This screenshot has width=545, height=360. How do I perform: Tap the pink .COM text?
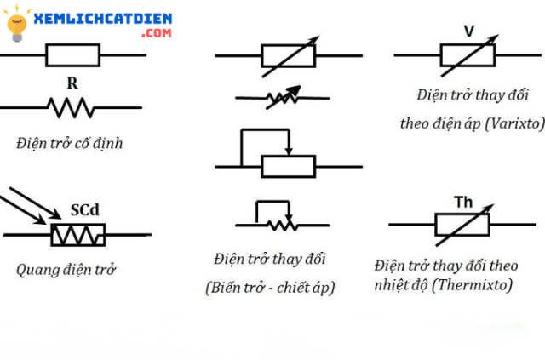pyautogui.click(x=158, y=32)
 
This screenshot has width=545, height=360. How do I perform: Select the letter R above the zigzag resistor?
pyautogui.click(x=72, y=84)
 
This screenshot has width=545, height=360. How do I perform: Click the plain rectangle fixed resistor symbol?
pyautogui.click(x=72, y=56)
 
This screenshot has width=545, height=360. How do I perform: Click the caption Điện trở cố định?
pyautogui.click(x=69, y=143)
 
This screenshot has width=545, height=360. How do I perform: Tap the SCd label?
pyautogui.click(x=87, y=209)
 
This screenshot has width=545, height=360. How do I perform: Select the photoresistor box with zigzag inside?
pyautogui.click(x=77, y=234)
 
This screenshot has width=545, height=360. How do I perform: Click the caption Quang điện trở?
pyautogui.click(x=66, y=270)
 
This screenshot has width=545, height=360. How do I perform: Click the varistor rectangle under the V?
pyautogui.click(x=468, y=56)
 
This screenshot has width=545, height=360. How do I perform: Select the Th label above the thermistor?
pyautogui.click(x=463, y=202)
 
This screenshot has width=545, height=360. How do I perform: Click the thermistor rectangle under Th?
pyautogui.click(x=462, y=224)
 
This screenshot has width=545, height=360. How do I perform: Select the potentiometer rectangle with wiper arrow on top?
pyautogui.click(x=288, y=166)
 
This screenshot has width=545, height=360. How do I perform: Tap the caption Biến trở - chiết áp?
pyautogui.click(x=270, y=288)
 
